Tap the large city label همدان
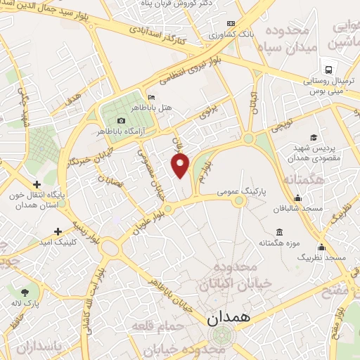click(230, 317)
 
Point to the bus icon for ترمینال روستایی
click(327, 69)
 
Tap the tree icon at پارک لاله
click(25, 290)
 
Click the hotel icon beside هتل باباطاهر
click(151, 97)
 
